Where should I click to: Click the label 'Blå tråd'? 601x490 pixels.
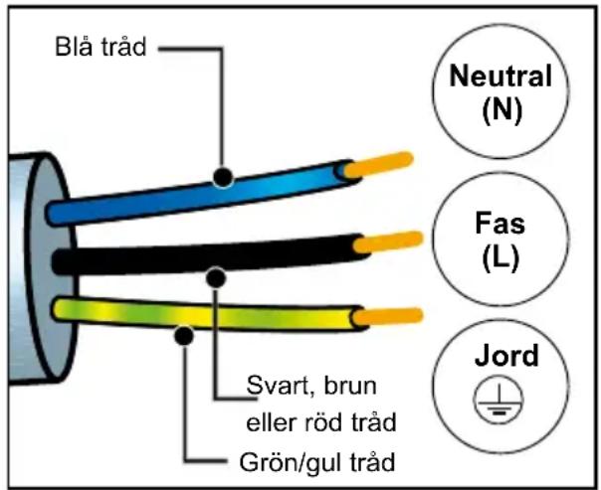coord(100,48)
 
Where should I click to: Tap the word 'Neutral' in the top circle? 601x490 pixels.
coord(500,76)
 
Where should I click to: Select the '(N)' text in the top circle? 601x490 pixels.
coord(500,109)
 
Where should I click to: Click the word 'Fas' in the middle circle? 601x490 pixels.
coord(500,222)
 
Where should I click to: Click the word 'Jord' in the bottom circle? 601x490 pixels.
coord(500,357)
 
